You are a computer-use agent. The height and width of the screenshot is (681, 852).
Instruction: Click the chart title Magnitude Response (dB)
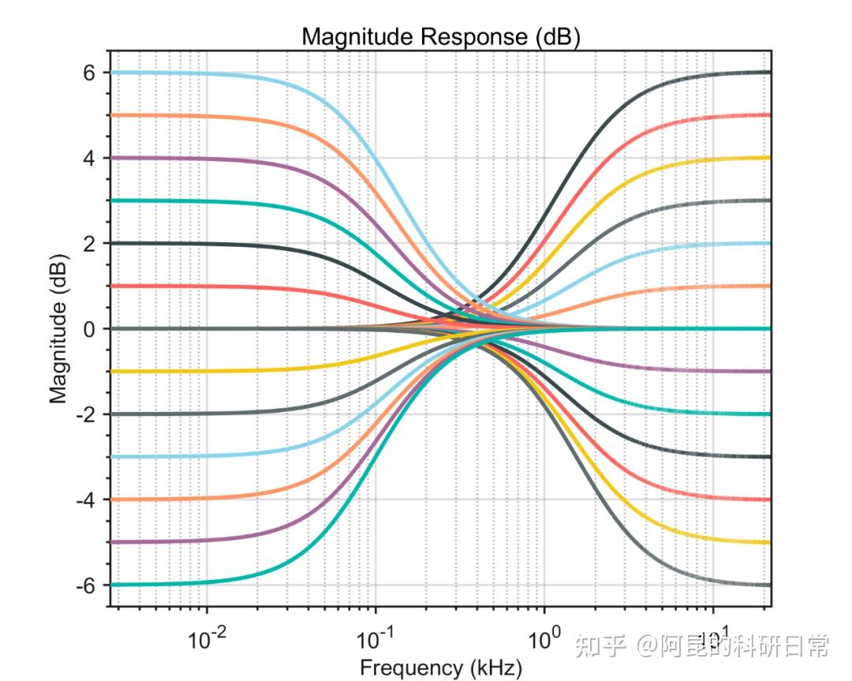pos(441,36)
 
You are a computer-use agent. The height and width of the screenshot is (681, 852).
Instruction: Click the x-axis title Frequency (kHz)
pos(441,668)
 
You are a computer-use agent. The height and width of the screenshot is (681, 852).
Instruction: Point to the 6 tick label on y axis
pos(89,73)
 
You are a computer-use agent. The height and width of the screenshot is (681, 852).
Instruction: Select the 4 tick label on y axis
pos(89,158)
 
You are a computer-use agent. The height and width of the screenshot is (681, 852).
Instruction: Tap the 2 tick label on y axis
pos(89,243)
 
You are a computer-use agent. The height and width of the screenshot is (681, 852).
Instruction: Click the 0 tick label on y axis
pos(89,328)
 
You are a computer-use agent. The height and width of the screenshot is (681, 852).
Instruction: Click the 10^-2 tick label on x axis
pos(207,638)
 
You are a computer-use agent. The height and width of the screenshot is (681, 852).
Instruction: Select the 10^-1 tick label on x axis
pos(376,638)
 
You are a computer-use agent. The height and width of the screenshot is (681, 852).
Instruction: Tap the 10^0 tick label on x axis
pos(543,638)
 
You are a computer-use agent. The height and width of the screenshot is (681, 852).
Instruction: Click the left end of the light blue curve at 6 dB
pos(112,73)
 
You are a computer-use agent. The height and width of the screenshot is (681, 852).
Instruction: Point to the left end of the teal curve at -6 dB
pos(112,585)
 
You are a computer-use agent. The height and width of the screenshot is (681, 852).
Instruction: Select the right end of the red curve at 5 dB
pos(768,115)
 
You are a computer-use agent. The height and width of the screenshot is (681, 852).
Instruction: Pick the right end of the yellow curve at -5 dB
pos(768,542)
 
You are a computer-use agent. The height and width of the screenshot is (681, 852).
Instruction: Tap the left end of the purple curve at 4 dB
pos(112,158)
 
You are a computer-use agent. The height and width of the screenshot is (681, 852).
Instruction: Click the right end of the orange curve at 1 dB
pos(768,286)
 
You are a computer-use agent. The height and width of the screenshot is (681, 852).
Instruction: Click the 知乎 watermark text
pos(601,647)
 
